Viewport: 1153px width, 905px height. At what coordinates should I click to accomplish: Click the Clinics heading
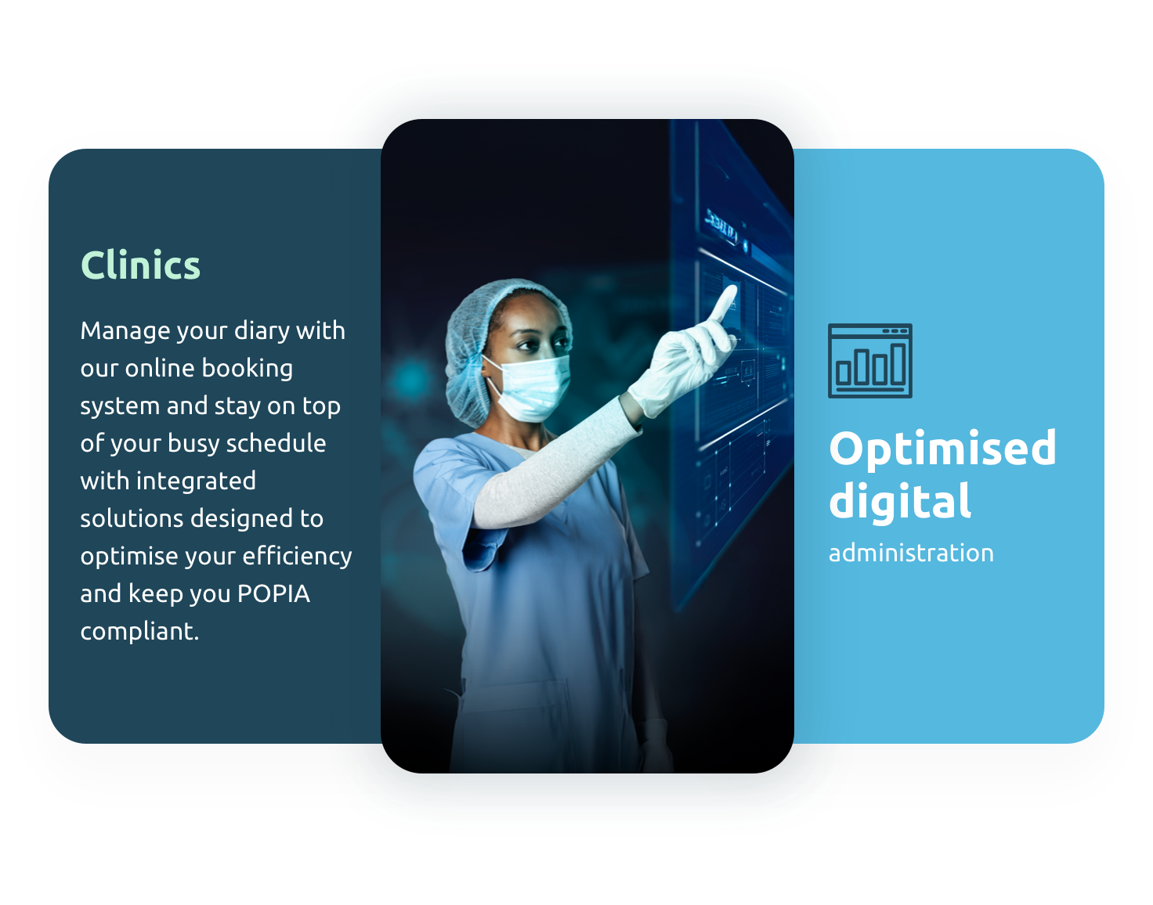click(140, 265)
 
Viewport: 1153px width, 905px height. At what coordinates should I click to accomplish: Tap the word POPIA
click(273, 593)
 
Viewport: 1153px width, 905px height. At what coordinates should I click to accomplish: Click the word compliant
click(139, 631)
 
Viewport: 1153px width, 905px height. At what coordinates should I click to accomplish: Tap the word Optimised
click(942, 449)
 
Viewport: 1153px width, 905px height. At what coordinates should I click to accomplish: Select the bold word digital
click(900, 502)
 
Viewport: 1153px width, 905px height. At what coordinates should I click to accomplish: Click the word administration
click(911, 553)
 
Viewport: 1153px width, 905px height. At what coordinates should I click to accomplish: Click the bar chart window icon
click(869, 361)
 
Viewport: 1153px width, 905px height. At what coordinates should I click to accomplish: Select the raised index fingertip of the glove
click(730, 292)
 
